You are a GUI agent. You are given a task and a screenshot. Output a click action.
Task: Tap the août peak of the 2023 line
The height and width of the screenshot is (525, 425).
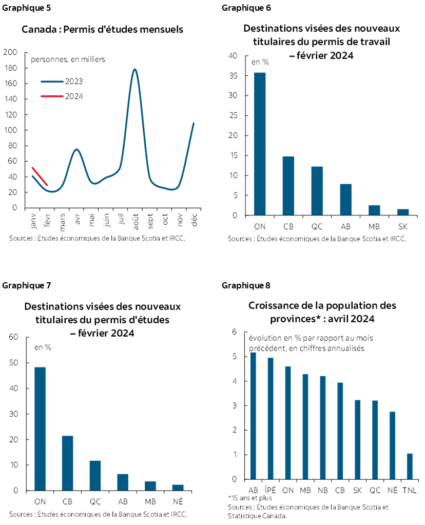pyautogui.click(x=134, y=70)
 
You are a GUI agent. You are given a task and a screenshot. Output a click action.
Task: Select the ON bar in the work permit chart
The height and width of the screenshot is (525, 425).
pyautogui.click(x=260, y=144)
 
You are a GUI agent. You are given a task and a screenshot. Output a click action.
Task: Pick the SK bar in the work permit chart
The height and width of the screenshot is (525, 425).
pyautogui.click(x=403, y=212)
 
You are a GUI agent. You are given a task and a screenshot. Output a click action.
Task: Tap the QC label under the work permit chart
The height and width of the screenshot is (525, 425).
pyautogui.click(x=317, y=225)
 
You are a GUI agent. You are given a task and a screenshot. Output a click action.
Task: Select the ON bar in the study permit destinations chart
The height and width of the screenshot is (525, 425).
pyautogui.click(x=40, y=429)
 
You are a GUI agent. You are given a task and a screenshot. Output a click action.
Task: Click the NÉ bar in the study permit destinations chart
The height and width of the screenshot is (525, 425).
pyautogui.click(x=178, y=488)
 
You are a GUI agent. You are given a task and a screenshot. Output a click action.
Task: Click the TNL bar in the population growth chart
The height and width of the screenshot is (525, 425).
pyautogui.click(x=410, y=466)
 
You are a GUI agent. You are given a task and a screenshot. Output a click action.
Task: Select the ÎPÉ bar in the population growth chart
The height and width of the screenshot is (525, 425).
pyautogui.click(x=270, y=418)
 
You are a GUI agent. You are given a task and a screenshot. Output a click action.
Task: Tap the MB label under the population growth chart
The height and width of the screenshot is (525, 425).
pyautogui.click(x=305, y=490)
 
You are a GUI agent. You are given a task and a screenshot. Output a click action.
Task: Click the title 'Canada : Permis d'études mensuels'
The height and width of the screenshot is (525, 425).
pyautogui.click(x=102, y=29)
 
